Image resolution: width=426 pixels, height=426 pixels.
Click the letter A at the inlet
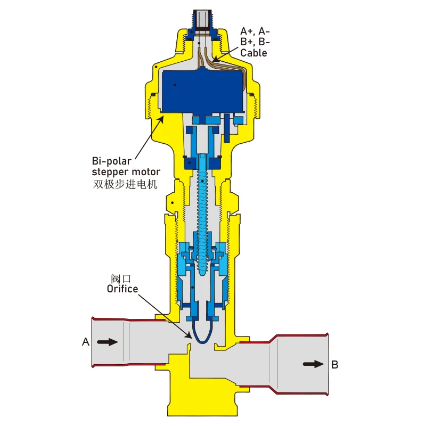(x=85, y=342)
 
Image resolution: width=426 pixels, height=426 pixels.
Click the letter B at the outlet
(x=335, y=365)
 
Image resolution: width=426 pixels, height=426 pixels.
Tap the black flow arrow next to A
(x=108, y=342)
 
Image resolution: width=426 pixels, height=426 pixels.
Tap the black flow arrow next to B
(x=313, y=364)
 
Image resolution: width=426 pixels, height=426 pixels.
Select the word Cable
(x=253, y=53)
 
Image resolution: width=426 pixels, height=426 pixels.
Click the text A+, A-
(x=255, y=31)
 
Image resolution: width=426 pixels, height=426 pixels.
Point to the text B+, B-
(x=255, y=42)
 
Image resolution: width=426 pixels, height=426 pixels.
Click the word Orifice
(x=122, y=289)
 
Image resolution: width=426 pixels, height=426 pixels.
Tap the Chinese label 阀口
(x=121, y=278)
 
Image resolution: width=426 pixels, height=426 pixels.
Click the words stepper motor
(x=126, y=171)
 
